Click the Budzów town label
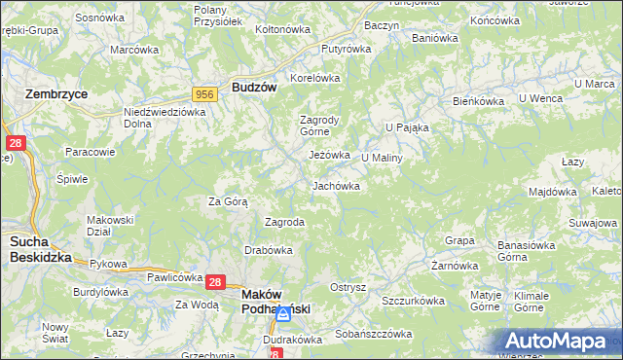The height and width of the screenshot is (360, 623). [x=254, y=87]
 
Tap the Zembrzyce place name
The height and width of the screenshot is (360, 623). [x=55, y=93]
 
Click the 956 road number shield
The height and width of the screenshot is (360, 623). [x=204, y=93]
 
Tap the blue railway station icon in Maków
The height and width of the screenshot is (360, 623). [x=283, y=315]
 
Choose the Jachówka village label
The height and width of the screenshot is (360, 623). [x=336, y=186]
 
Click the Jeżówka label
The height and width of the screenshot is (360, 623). [x=329, y=155]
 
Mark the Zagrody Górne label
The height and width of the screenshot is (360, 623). [x=318, y=127]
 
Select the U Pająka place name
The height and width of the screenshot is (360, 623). [x=407, y=127]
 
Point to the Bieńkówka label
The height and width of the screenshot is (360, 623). [x=477, y=101]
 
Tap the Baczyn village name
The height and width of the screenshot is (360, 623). [x=382, y=24]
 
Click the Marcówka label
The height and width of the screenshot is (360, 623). [x=134, y=50]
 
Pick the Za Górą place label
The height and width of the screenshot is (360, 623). [x=228, y=202]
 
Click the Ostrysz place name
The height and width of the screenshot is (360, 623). [x=348, y=288]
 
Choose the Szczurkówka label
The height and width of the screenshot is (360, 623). [x=413, y=302]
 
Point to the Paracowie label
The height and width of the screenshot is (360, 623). [x=91, y=152]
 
